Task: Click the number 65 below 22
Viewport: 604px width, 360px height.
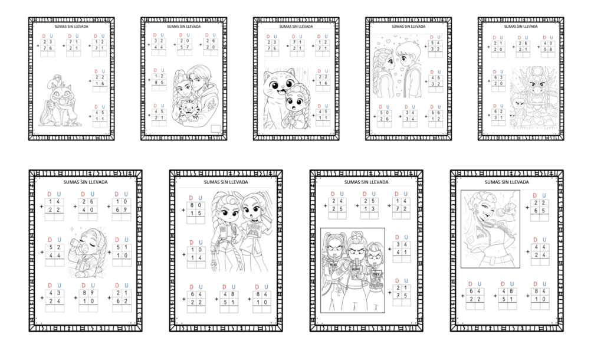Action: coord(539,210)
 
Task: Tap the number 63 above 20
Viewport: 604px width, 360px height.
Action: coord(498,76)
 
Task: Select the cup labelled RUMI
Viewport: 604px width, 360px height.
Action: coord(355,270)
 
